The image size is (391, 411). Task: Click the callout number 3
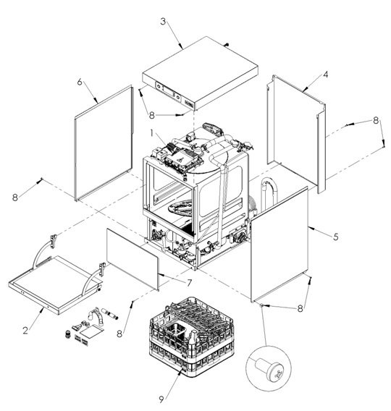(x=164, y=22)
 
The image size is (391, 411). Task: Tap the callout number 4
(x=325, y=75)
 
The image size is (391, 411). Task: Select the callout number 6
(x=80, y=82)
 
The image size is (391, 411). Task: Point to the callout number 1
(x=151, y=134)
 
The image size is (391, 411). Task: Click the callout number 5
(x=336, y=237)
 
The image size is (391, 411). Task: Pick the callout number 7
(x=189, y=283)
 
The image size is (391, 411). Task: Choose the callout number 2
(x=25, y=330)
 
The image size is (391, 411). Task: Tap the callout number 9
(x=161, y=399)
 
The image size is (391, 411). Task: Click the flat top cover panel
(x=201, y=72)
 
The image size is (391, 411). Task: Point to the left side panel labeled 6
(x=104, y=143)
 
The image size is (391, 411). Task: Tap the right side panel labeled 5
(x=279, y=244)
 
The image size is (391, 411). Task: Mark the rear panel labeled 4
(x=296, y=134)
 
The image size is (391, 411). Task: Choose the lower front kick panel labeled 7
(x=133, y=258)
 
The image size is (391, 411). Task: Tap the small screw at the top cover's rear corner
(x=227, y=45)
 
